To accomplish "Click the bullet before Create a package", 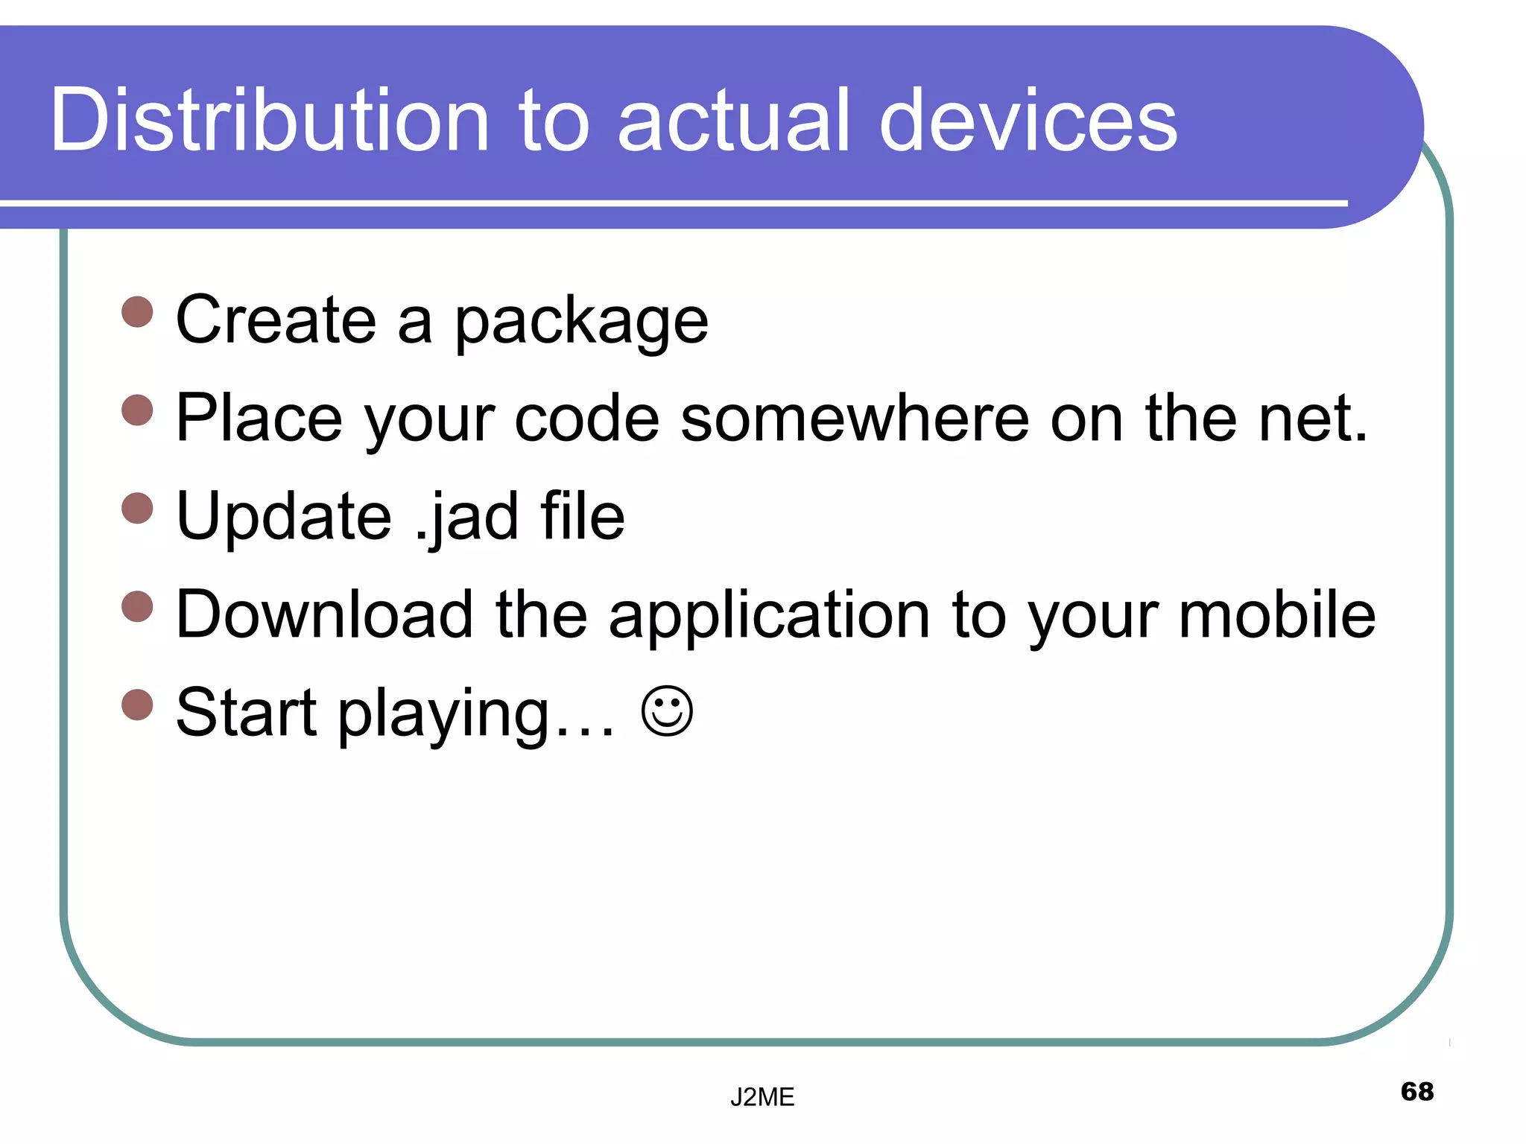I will click(x=137, y=312).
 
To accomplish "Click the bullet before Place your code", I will click(x=137, y=410).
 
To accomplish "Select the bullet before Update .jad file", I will click(x=137, y=508).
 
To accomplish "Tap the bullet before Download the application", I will click(x=137, y=606).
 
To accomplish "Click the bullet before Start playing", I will click(x=137, y=705).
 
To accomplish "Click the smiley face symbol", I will click(x=667, y=711).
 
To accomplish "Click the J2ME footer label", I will click(x=762, y=1097).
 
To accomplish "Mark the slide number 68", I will click(x=1416, y=1091).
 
